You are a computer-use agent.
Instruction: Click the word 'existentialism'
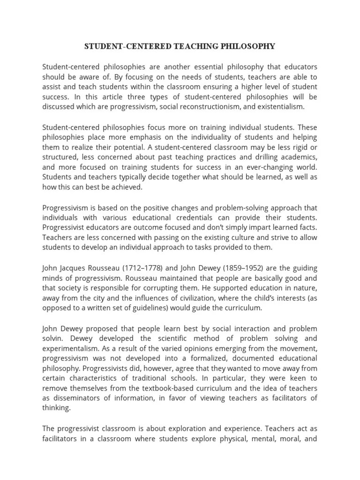(x=281, y=106)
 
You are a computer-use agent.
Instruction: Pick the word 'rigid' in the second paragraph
(x=297, y=147)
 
